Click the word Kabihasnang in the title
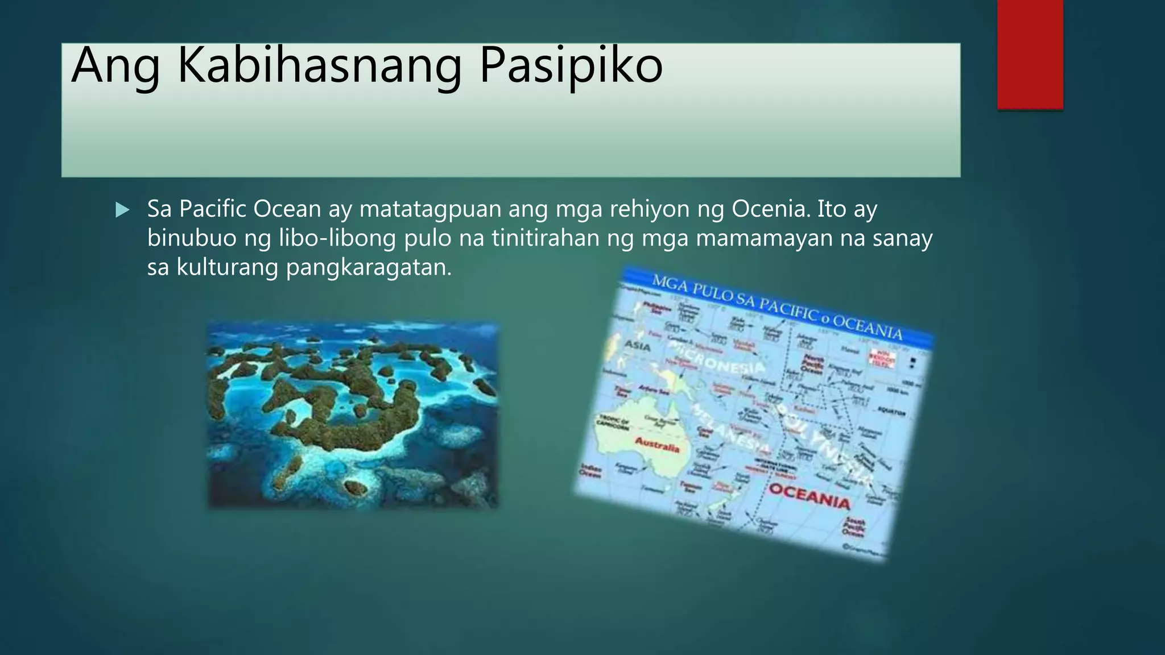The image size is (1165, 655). point(319,65)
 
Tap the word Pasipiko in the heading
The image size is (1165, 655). point(571,65)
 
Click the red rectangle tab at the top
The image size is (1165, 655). point(1030,54)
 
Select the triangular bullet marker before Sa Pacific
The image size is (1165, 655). point(122,210)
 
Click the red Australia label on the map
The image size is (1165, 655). point(657,444)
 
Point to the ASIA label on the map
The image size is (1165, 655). point(637,345)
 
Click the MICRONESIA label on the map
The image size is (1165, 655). point(718,358)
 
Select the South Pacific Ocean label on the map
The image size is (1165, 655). point(853,528)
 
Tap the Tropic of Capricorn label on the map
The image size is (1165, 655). point(612,424)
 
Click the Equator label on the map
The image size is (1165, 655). point(891,411)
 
